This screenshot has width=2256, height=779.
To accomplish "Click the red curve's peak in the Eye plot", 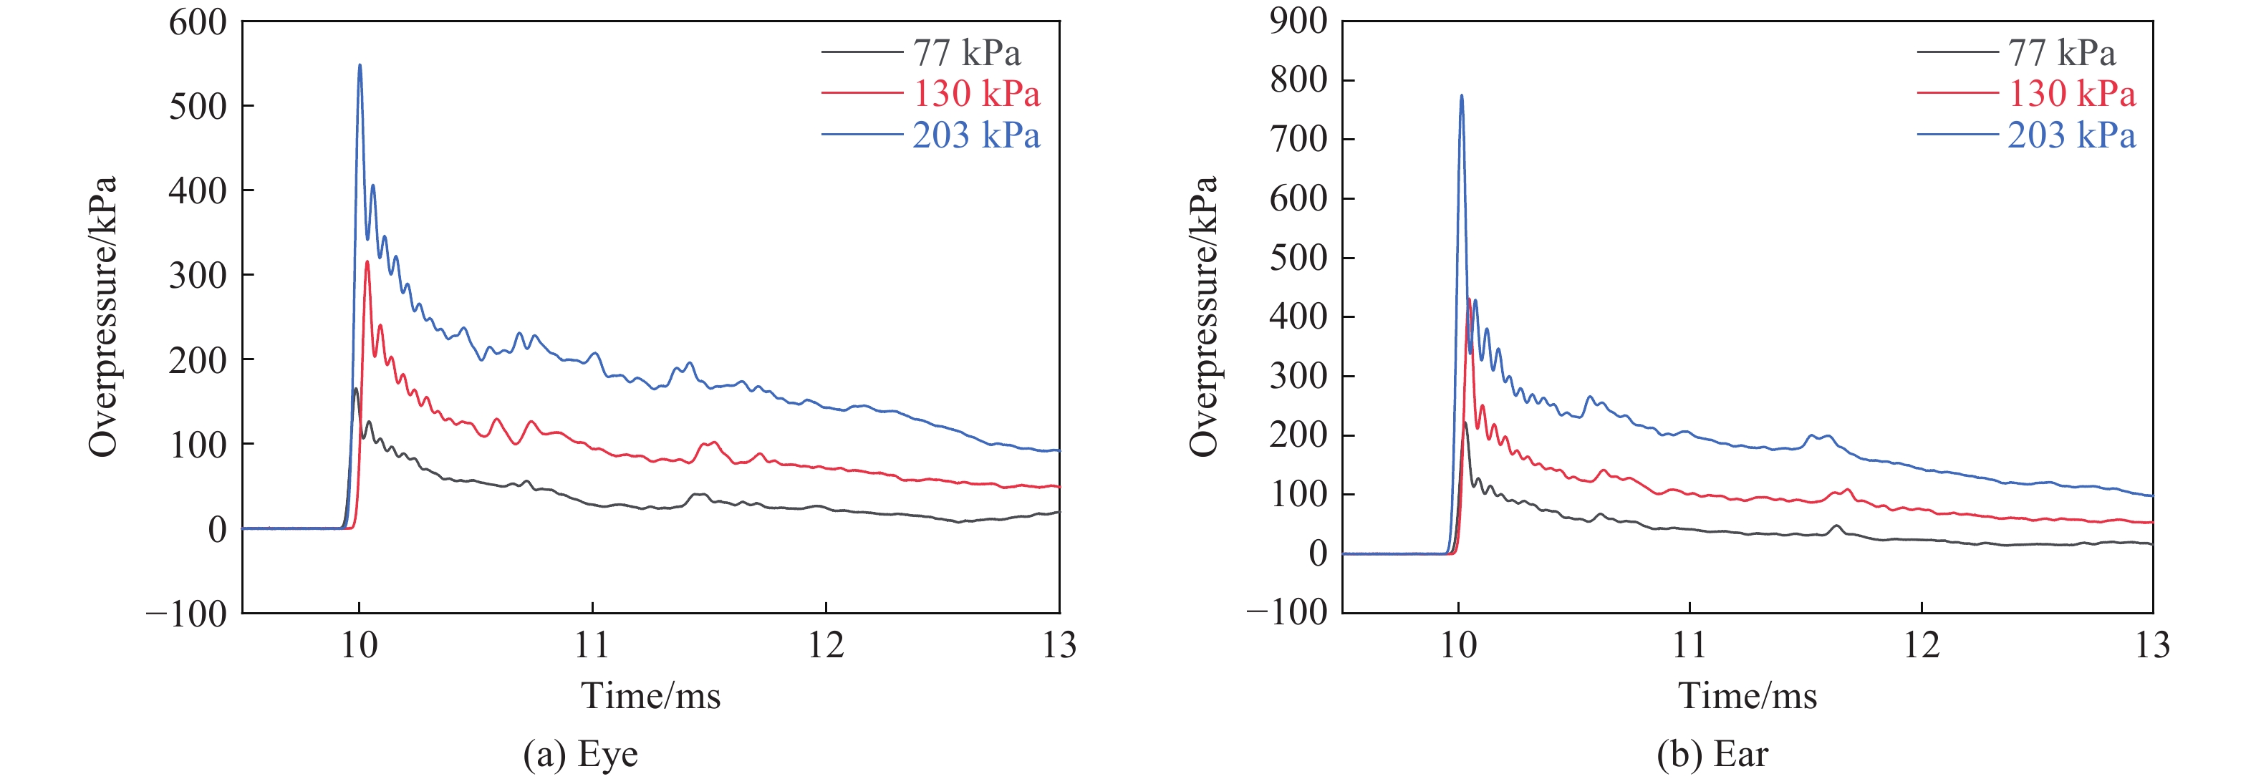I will point(367,263).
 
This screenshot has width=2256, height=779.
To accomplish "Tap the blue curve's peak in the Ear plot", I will point(1461,96).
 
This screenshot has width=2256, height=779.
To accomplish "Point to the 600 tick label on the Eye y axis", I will point(198,23).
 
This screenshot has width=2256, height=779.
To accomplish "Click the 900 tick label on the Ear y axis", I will point(1298,21).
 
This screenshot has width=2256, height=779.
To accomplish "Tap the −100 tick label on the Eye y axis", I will point(186,614).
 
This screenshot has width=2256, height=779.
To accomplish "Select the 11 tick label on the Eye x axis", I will point(592,646).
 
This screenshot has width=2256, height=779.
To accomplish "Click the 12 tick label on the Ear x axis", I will point(1922,646).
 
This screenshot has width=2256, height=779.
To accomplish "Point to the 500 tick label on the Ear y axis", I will point(1298,258).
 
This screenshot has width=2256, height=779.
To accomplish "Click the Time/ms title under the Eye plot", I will point(651,697).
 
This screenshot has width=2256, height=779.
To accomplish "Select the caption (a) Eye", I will point(581,755).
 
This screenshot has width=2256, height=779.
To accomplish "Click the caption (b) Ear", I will point(1713,755).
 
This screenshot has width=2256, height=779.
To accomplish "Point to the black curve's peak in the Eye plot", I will point(355,389).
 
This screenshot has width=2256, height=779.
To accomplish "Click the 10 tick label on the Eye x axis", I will point(359,646).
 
